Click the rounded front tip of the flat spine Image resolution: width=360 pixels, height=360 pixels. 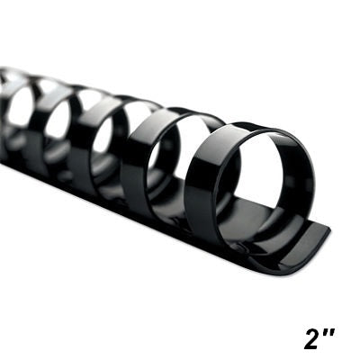tap(315, 238)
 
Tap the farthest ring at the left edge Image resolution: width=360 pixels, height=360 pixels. tap(7, 85)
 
